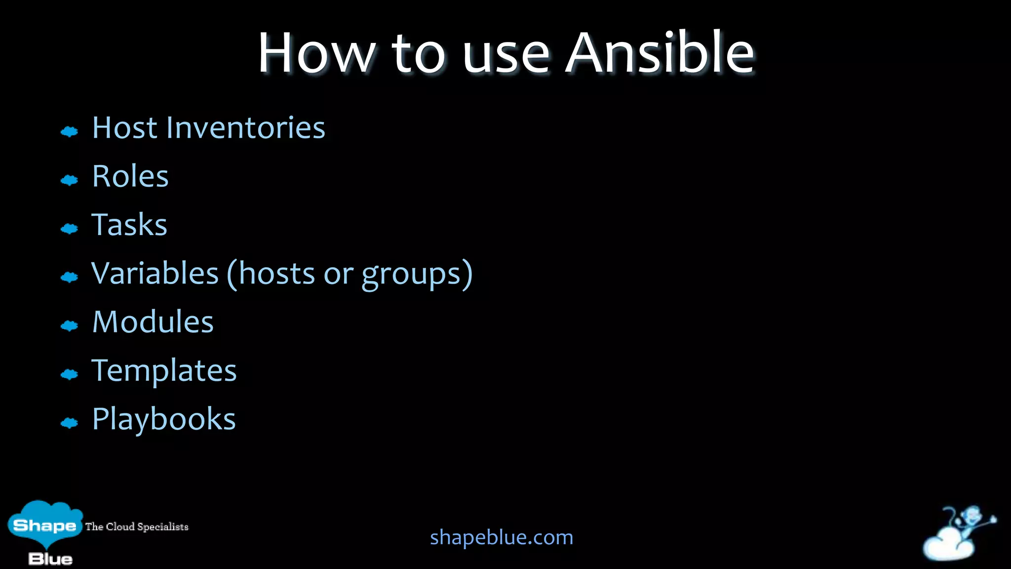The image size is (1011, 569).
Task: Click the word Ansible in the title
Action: coord(660,53)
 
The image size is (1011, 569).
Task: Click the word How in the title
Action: coord(316,53)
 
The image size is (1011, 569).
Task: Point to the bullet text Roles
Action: coord(130,176)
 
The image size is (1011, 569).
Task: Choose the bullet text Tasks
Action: coord(129,225)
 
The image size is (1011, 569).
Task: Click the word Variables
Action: coord(155,273)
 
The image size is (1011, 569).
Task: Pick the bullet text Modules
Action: coord(153,322)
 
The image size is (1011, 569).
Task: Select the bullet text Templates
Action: coord(164,371)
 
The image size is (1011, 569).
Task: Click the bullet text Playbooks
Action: coord(164,419)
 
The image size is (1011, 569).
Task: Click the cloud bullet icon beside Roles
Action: coord(69,180)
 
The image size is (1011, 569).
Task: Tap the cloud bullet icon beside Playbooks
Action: coord(69,423)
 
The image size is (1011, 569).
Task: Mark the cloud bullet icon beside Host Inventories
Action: coord(69,132)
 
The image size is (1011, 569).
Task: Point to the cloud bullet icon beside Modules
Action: coord(69,326)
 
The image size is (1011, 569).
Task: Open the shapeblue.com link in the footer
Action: coord(502,537)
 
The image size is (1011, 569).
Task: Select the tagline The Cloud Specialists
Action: coord(137,527)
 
